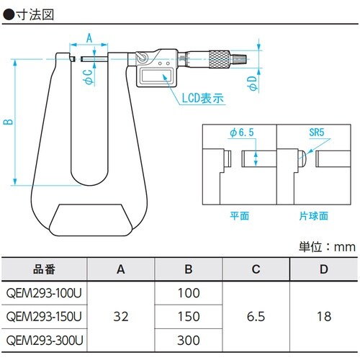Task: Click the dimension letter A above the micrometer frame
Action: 89,37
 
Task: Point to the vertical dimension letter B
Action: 8,121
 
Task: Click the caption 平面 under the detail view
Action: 239,215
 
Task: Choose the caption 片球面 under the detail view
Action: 315,215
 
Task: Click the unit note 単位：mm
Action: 327,246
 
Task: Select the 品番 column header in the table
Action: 44,270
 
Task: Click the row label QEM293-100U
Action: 44,293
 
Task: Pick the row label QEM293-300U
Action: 44,339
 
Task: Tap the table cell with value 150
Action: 189,316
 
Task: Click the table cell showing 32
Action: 121,316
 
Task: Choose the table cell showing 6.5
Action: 256,316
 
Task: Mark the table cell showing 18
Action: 323,316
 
